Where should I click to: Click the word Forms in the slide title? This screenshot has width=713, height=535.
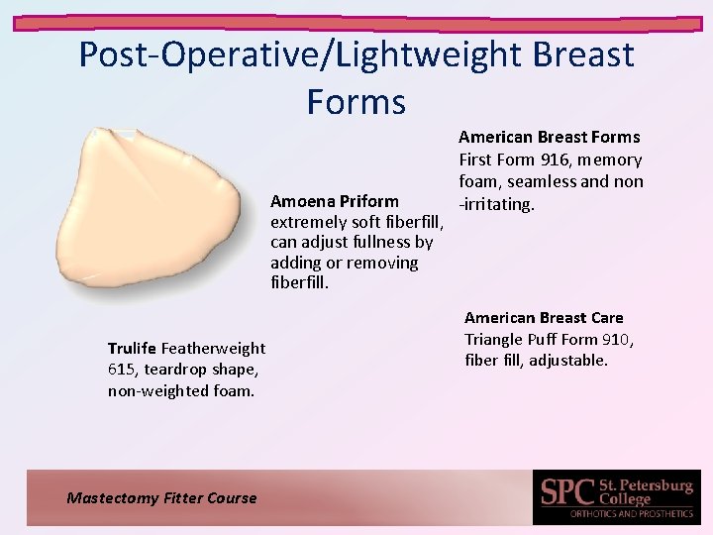356,101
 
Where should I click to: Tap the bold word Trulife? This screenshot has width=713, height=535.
133,348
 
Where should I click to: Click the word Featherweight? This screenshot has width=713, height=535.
213,348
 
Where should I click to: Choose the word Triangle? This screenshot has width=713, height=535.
498,339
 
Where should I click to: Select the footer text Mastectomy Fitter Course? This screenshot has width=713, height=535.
161,498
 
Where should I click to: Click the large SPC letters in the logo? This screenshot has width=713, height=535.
567,492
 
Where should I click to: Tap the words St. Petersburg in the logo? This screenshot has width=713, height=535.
647,485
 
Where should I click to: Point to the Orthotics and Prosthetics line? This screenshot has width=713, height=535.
631,513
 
